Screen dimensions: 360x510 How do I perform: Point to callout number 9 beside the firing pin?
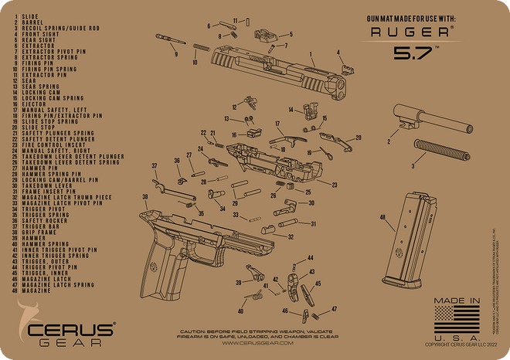[175, 55]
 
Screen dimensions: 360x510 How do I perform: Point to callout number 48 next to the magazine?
[382, 218]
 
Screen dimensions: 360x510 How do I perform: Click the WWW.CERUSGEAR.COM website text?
[257, 343]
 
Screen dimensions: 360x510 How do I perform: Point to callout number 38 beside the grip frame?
[144, 197]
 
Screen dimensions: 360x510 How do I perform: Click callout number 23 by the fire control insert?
[335, 185]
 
